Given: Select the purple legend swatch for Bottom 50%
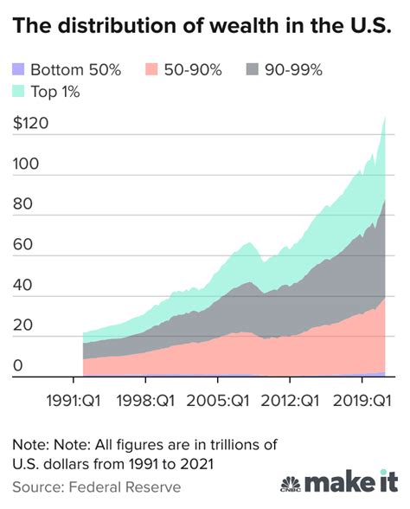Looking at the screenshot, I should coord(18,69).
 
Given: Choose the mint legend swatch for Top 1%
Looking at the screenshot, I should coord(18,90).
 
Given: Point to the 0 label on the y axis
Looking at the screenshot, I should coord(17,367).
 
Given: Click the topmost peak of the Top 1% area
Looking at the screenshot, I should coord(385,118).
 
